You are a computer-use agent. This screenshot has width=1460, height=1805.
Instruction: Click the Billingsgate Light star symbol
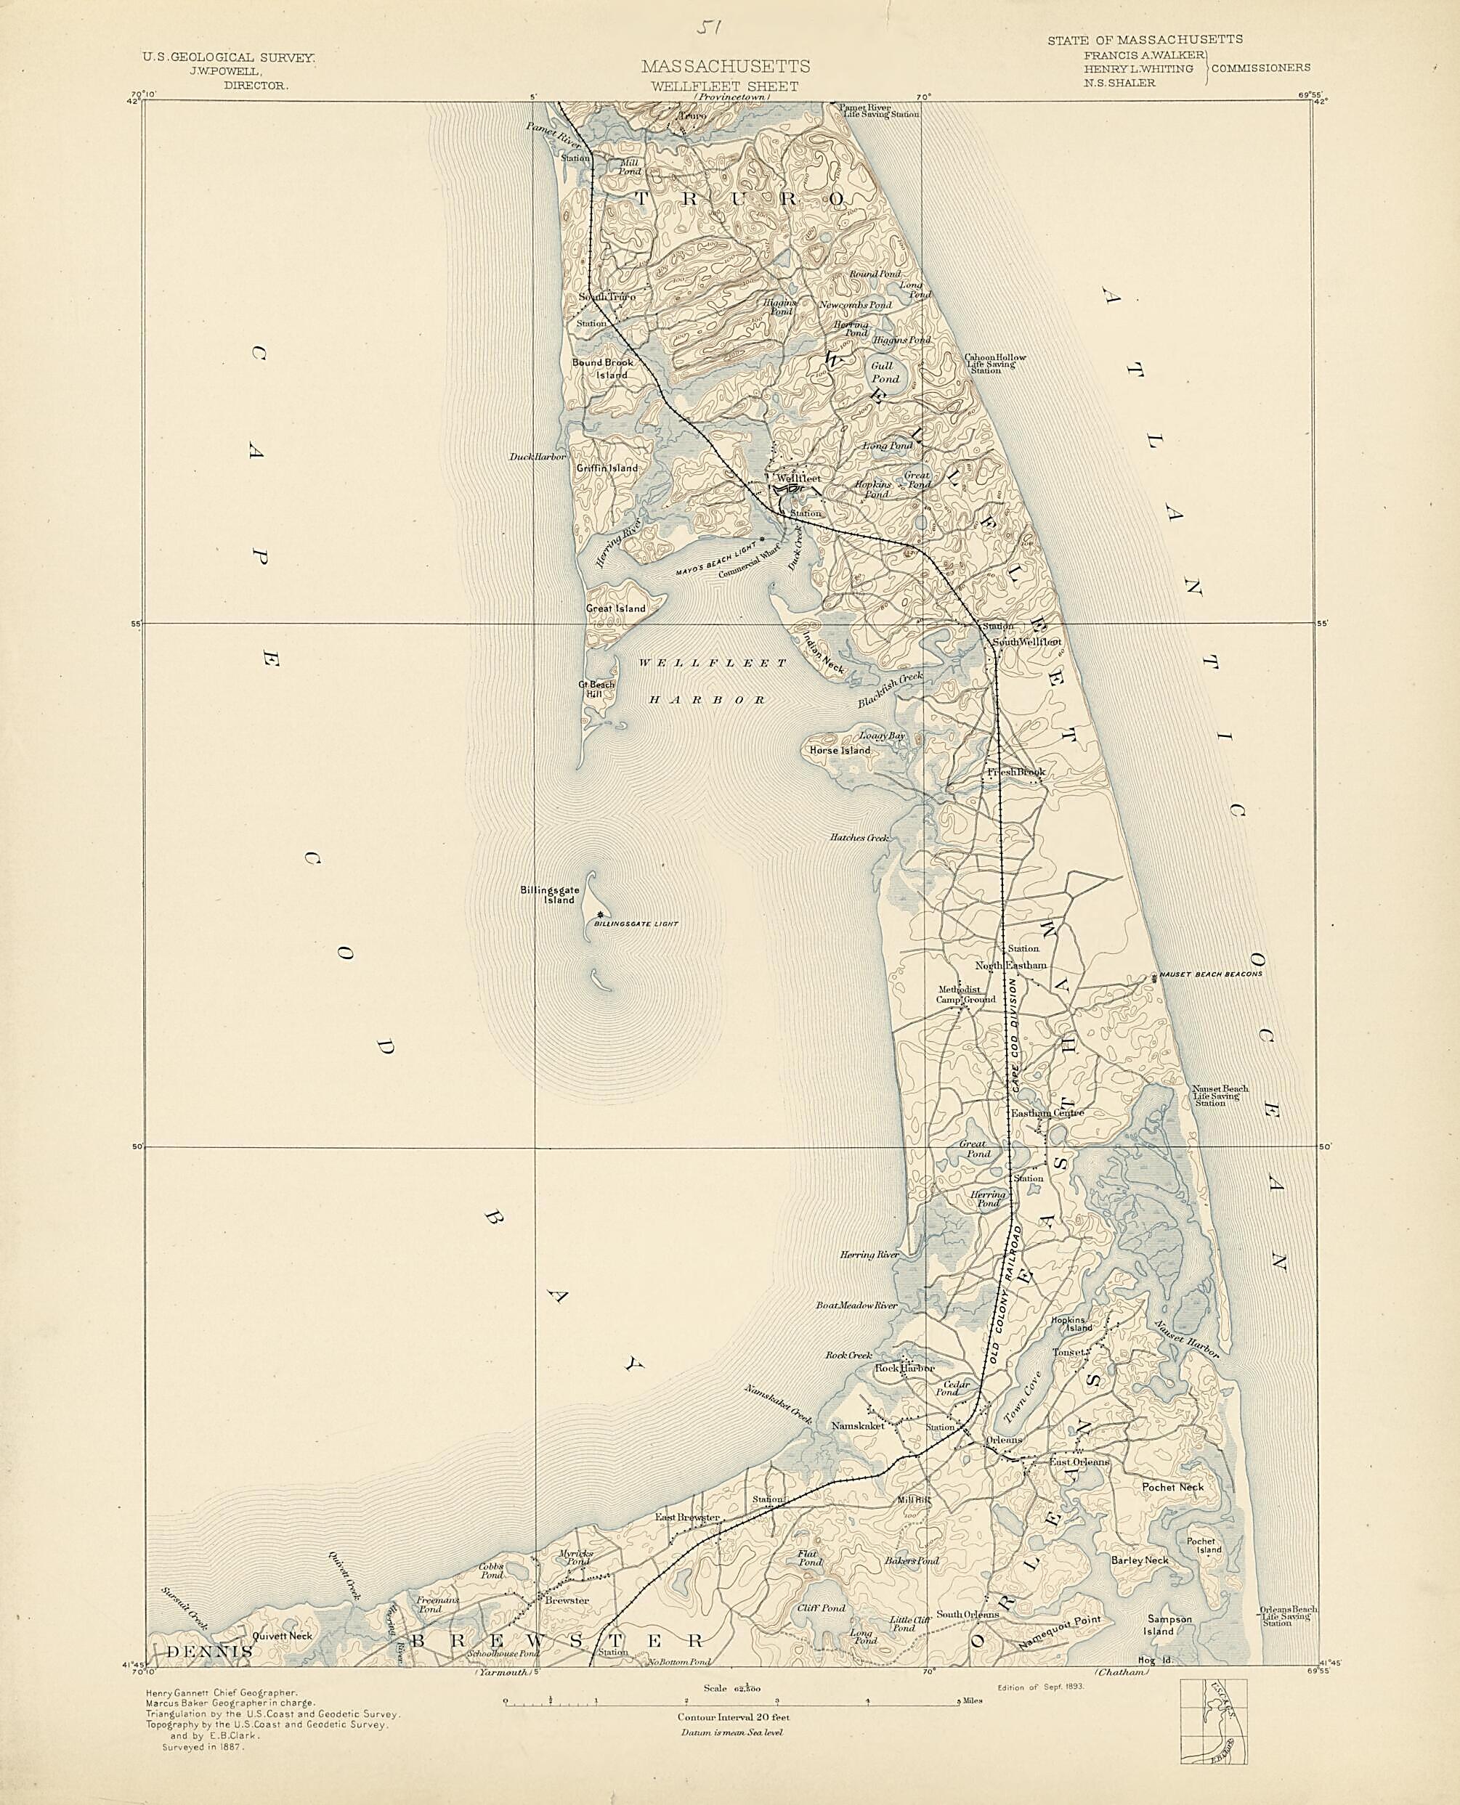click(x=599, y=915)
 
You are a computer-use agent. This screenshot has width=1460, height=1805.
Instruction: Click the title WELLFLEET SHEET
click(x=725, y=86)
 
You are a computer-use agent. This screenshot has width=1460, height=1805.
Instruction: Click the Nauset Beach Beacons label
click(x=1209, y=974)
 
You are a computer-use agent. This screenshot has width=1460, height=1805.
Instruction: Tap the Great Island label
click(x=616, y=608)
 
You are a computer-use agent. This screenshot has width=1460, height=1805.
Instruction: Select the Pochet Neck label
click(x=1172, y=1486)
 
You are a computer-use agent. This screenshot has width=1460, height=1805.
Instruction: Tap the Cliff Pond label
click(x=827, y=1608)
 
